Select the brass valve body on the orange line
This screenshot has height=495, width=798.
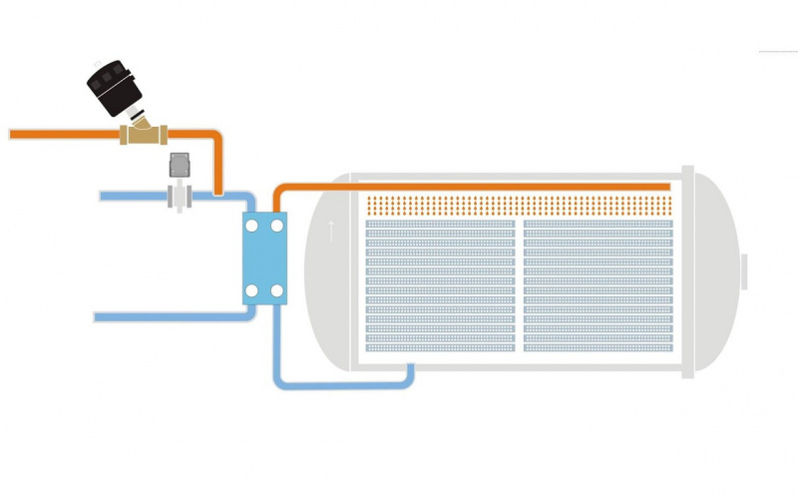pos(144,133)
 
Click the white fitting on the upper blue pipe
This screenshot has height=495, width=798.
pos(180,196)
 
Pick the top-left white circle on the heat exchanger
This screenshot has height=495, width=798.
pos(250,228)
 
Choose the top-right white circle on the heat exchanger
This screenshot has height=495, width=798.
pos(277,228)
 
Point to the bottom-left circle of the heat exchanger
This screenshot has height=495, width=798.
pos(250,291)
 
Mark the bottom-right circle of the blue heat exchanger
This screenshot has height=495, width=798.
pos(277,291)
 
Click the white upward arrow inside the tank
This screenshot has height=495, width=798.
pos(332,231)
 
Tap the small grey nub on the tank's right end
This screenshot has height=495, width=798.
pos(744,271)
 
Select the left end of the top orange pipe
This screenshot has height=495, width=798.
pos(12,134)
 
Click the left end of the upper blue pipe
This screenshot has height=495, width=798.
pos(103,197)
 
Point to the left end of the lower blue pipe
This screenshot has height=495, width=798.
pos(98,317)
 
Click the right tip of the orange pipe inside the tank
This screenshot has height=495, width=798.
pos(666,187)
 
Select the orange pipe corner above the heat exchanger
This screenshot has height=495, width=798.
pos(278,190)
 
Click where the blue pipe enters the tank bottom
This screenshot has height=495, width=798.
pos(410,367)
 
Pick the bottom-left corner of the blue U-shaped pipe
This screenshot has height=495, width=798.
pos(279,382)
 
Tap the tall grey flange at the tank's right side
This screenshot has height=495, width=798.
pos(687,271)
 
